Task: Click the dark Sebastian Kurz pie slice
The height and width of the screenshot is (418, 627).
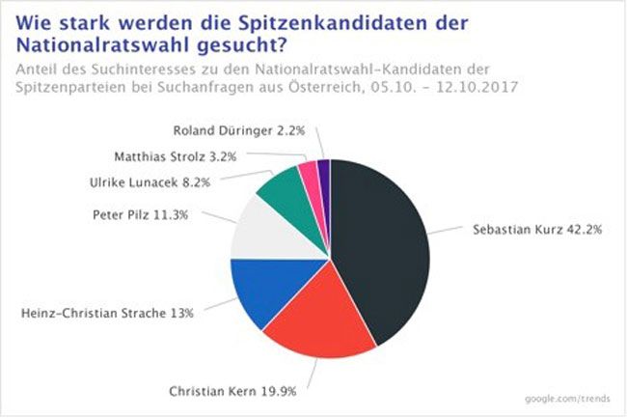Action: [x=376, y=241]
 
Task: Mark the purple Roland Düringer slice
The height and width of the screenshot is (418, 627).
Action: [x=323, y=171]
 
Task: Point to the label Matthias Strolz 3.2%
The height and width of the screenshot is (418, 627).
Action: [x=185, y=153]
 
